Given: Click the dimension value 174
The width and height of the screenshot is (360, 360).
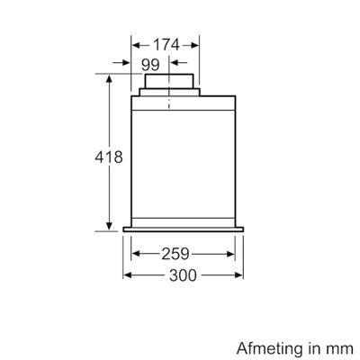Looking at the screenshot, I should click(x=165, y=43).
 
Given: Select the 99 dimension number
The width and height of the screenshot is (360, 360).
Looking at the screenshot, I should click(x=150, y=64).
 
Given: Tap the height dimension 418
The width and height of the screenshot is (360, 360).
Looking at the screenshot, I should click(x=109, y=157).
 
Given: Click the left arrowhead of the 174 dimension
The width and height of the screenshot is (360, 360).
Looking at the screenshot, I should click(x=136, y=43).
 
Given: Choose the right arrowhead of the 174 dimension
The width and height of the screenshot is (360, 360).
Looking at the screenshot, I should click(x=197, y=43).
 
